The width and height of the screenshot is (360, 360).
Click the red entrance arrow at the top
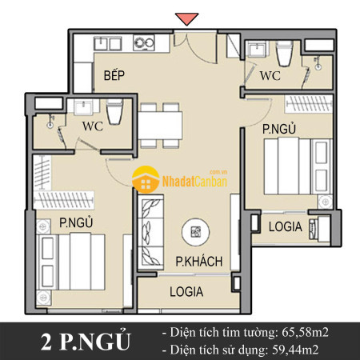tap(186, 18)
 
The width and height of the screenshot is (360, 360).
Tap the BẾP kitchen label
tap(114, 75)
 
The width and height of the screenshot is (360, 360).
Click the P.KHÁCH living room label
tap(199, 262)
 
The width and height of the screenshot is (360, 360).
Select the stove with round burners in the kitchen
tap(144, 42)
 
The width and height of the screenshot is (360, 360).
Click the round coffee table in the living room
tap(195, 232)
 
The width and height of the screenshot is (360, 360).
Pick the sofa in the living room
tap(150, 232)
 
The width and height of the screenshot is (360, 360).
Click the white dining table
tap(161, 126)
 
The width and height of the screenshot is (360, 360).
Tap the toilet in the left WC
tap(114, 112)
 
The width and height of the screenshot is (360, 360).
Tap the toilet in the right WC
tap(285, 54)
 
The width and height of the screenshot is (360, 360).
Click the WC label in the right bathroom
tap(270, 76)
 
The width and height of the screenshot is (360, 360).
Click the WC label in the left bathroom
tap(93, 126)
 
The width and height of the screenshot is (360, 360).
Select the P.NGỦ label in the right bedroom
tap(279, 128)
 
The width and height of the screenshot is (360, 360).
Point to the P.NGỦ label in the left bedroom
tap(76, 222)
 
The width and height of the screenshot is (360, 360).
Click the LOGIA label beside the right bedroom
tap(286, 226)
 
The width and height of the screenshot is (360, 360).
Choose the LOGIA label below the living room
tap(186, 291)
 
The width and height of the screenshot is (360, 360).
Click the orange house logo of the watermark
tap(146, 179)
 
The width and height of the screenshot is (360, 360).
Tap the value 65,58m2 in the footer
tap(305, 333)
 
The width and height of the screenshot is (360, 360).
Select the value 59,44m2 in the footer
tap(295, 350)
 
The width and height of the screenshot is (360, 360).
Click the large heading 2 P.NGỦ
tap(86, 341)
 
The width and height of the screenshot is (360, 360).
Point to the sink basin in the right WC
tap(257, 49)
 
